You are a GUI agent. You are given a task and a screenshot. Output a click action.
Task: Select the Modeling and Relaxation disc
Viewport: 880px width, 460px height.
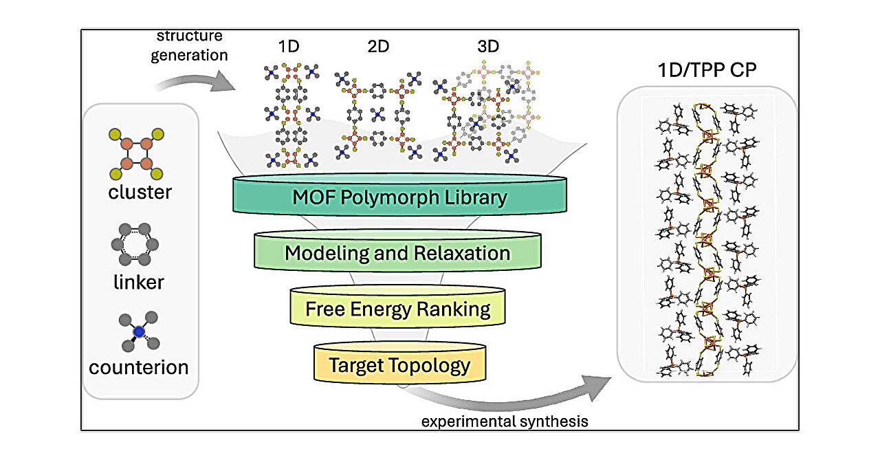click(397, 253)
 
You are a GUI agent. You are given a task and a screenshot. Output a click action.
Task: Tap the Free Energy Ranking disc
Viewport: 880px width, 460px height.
click(398, 309)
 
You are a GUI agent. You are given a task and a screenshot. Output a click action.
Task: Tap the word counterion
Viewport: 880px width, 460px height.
click(139, 366)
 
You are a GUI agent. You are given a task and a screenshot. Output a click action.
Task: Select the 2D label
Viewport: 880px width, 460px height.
click(377, 47)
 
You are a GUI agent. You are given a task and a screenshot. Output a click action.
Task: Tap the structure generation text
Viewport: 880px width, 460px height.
click(188, 45)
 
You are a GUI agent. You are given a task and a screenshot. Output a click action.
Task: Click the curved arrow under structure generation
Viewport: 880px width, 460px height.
click(196, 85)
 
